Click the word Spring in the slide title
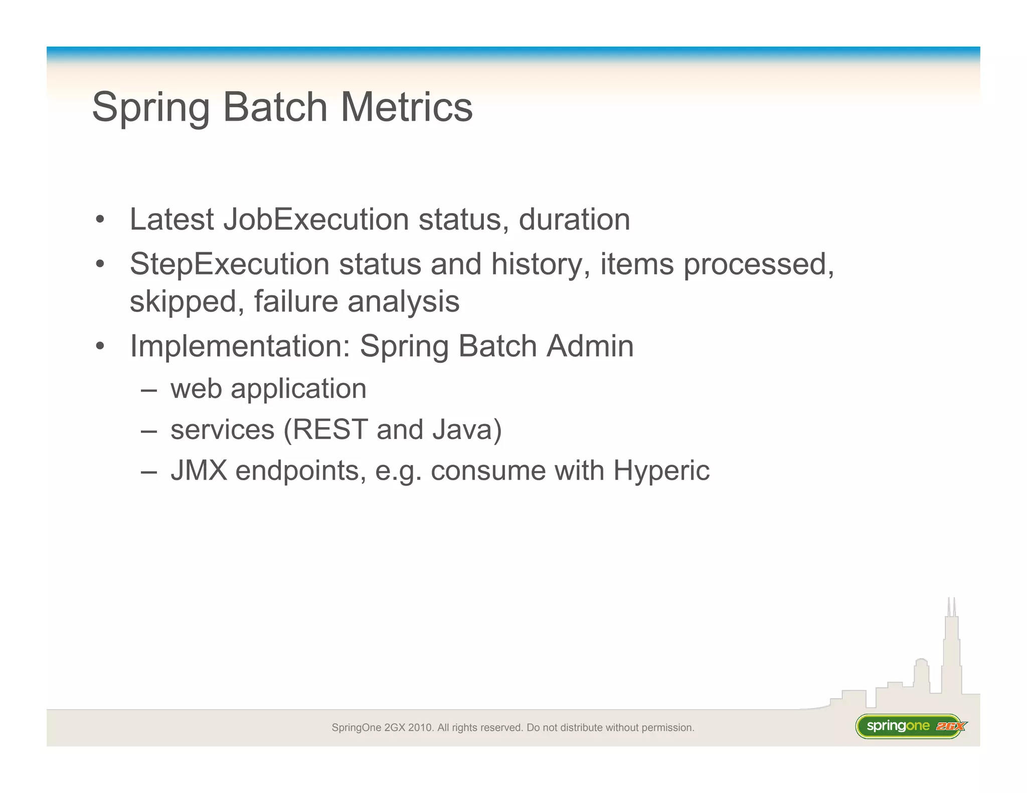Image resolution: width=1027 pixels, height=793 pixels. pos(151,108)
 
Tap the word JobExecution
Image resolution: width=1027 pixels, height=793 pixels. pos(316,220)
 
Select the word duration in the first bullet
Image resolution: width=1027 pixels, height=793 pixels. pos(574,220)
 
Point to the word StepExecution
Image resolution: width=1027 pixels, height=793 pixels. pos(230,264)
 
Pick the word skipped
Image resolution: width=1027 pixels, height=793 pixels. pos(184,302)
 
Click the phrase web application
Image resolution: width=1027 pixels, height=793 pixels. pos(268,388)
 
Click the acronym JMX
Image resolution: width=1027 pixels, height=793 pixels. pos(199,471)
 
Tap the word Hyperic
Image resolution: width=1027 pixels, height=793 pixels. pos(661,471)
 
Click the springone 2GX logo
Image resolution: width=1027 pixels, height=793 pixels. pos(910,726)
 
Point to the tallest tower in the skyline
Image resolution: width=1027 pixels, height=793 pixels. pos(951,652)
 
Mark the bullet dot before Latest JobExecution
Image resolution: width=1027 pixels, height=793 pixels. pos(100,220)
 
